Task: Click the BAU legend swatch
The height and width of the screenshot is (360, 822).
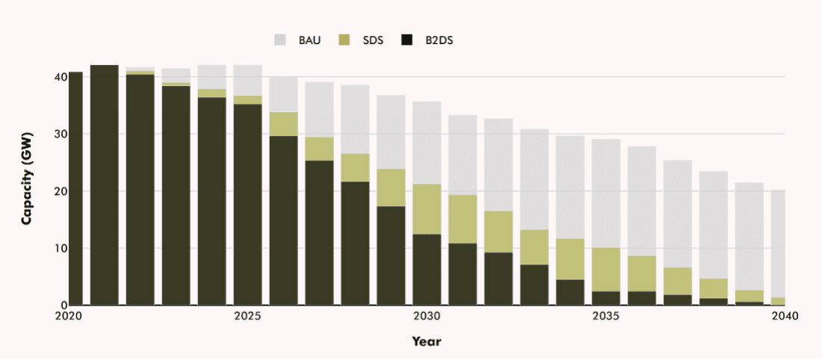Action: click(x=281, y=40)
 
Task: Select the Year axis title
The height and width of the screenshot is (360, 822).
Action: click(x=426, y=341)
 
